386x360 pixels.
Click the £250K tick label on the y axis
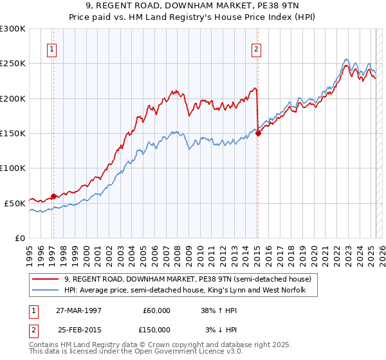(13, 64)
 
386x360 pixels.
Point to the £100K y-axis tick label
(13, 168)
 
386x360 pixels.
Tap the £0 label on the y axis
(21, 238)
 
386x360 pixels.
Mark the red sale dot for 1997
(53, 196)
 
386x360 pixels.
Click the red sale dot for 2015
(258, 134)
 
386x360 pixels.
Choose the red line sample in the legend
(46, 280)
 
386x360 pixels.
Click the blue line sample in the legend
(46, 291)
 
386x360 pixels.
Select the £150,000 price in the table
(156, 329)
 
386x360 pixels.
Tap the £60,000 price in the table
(157, 310)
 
